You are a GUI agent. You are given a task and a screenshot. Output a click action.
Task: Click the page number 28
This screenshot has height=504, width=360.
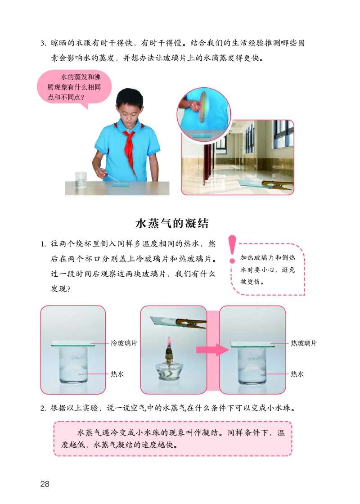point(44,484)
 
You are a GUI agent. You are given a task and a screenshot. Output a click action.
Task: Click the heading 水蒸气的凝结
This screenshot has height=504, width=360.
point(172,224)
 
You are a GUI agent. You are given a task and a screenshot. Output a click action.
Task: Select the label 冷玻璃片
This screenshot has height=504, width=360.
point(124,343)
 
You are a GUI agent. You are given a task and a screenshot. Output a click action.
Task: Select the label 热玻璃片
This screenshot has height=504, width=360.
point(303,343)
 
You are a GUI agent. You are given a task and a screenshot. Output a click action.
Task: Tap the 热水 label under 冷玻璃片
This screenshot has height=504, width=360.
point(117,373)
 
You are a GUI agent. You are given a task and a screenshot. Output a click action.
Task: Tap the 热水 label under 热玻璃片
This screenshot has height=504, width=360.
point(297,373)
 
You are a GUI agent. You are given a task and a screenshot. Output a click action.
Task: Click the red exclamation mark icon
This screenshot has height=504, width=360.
point(232,248)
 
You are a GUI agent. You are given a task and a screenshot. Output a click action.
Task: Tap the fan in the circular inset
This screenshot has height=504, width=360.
point(203,106)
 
